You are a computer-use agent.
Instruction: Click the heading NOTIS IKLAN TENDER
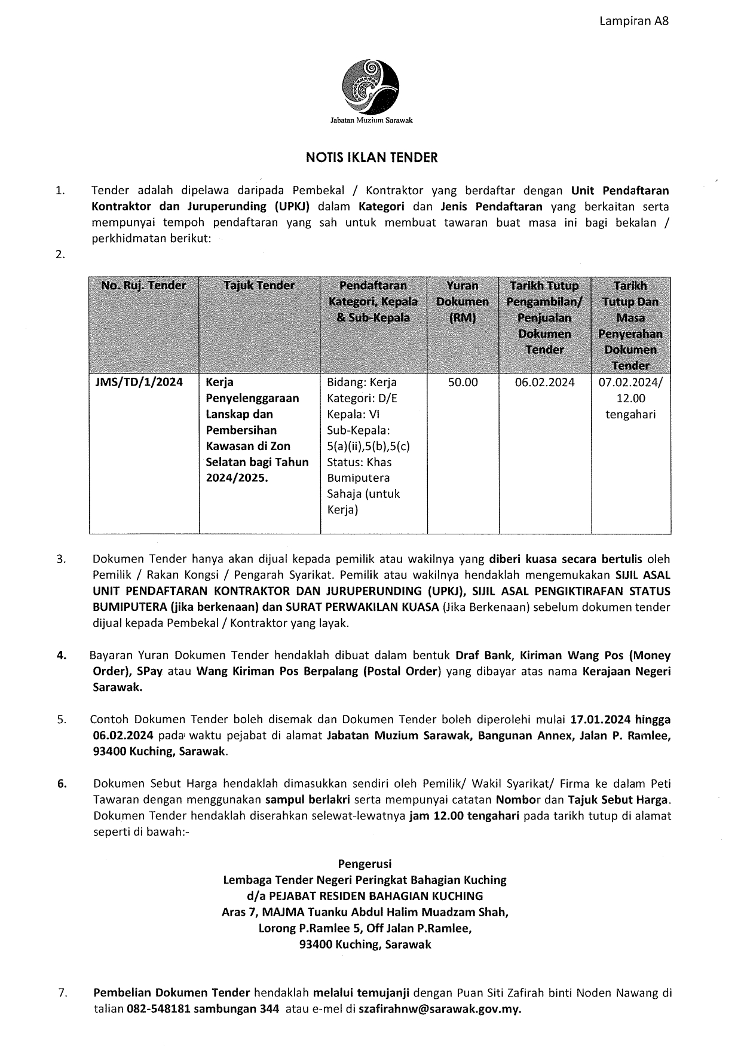coord(372,158)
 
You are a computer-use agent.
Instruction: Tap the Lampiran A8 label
coord(634,21)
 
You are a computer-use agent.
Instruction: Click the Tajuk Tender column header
coord(259,286)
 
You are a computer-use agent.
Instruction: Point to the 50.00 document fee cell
coord(463,383)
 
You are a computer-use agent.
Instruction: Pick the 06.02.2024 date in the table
coord(544,383)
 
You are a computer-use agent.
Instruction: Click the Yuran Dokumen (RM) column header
coord(463,301)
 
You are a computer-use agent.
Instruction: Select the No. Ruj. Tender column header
coord(143,286)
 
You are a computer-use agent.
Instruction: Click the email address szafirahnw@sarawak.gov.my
coord(439,1010)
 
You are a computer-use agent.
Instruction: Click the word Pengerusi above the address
coord(365,864)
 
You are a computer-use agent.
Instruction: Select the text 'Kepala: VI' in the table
coord(353,414)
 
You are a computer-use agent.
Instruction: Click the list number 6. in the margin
coord(62,784)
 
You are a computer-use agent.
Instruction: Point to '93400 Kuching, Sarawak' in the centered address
coord(365,944)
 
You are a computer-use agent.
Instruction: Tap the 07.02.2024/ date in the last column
coord(630,383)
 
